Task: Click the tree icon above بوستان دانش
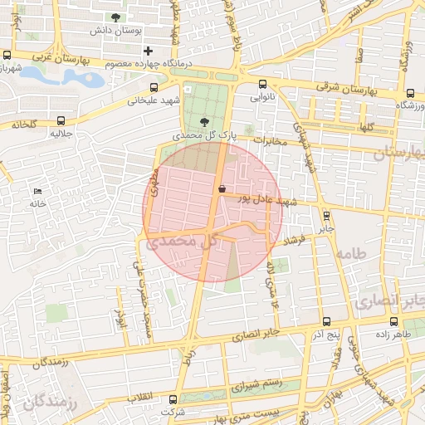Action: coord(115,17)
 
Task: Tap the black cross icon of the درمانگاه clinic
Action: coord(149,51)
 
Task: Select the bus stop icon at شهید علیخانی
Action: coord(154,87)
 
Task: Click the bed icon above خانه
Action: coord(37,192)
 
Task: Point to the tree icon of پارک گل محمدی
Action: coord(205,121)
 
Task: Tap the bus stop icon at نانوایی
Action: coord(262,84)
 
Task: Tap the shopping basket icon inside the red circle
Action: coord(222,189)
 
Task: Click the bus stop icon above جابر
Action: coord(326,214)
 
